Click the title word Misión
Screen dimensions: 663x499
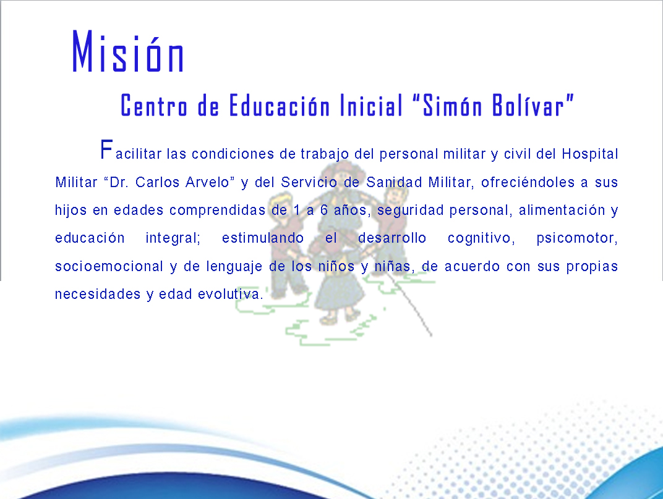coord(127,51)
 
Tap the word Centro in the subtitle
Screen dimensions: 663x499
coord(154,106)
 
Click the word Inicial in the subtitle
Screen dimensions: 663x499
coord(372,105)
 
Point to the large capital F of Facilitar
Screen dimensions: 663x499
coord(106,149)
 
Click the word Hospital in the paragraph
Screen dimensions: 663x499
coord(590,154)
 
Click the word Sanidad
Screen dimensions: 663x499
coord(394,182)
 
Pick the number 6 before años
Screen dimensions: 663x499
coord(324,210)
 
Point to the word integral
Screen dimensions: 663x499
coord(173,238)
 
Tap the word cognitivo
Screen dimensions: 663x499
coord(481,238)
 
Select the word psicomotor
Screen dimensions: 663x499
coord(577,238)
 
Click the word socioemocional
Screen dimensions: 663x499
coord(109,266)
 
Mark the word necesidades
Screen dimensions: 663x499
coord(98,294)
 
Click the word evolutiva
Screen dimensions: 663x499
coord(231,294)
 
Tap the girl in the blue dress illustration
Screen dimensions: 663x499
coord(339,287)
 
